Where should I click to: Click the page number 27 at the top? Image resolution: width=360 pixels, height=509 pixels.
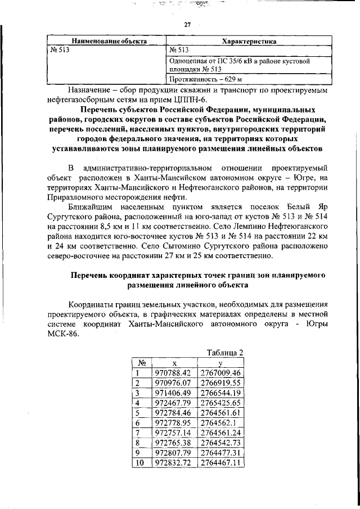coord(188,24)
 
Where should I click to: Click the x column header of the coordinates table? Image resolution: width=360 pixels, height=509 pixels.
coord(173,363)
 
